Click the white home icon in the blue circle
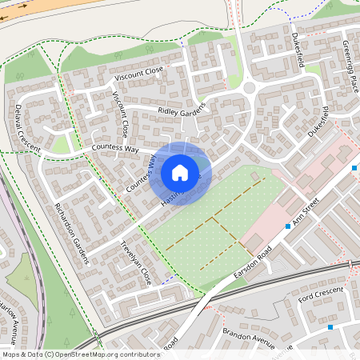click(180, 173)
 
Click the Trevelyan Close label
click(135, 264)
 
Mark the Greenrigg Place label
click(350, 56)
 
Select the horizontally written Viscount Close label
click(138, 73)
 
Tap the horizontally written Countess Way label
click(114, 148)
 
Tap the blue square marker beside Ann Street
click(288, 227)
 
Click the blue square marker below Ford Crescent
click(330, 326)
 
